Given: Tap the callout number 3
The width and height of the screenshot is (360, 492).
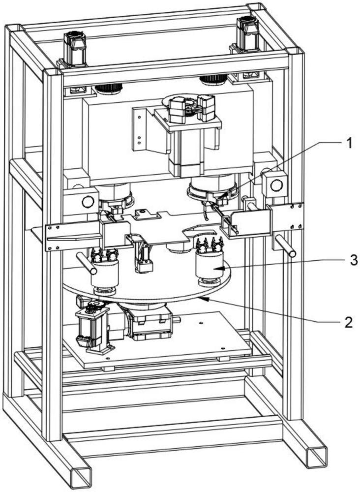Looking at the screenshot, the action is (x=353, y=260).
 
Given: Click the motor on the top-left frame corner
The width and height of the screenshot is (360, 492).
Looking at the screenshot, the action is (x=74, y=49).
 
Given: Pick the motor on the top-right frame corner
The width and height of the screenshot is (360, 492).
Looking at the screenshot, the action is (x=248, y=33).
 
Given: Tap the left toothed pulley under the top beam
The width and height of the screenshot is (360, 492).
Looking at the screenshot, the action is (x=108, y=88).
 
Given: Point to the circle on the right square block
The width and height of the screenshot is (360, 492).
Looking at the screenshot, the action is (x=276, y=186).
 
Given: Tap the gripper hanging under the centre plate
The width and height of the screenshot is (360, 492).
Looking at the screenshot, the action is (x=143, y=256).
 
